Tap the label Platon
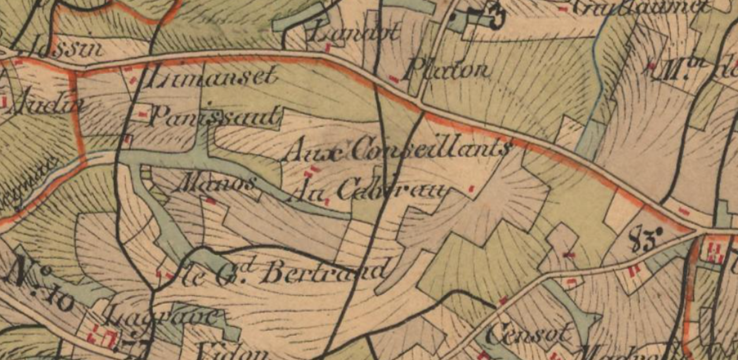pos(448,71)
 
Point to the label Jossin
pos(75,47)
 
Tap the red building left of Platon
pos(394,79)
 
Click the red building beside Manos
pos(211,201)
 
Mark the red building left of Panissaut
pos(142,115)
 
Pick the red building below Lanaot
pos(329,48)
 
